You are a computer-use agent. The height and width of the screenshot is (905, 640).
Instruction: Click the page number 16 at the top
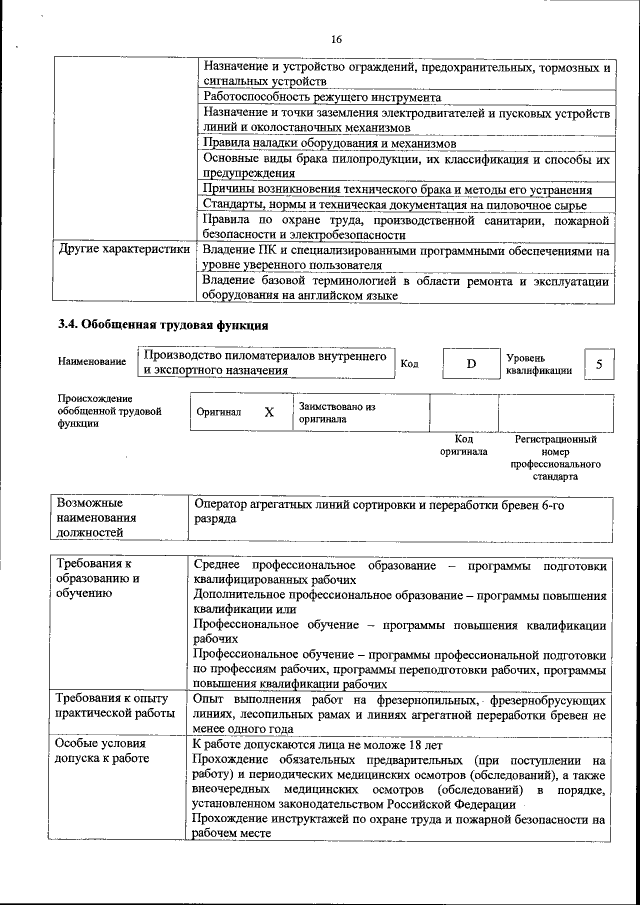[336, 39]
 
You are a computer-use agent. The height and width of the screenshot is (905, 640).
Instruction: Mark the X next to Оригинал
[268, 412]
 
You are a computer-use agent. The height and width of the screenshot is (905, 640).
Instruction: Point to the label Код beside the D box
[409, 363]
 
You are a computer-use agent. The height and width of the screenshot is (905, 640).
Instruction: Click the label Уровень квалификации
[539, 363]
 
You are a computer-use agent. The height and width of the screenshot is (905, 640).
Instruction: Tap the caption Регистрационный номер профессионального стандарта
[555, 458]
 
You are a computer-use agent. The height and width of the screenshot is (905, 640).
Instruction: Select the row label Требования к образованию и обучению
[98, 579]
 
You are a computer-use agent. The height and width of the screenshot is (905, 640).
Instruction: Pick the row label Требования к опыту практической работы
[112, 705]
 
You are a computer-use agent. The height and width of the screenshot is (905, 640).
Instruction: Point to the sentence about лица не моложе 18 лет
[316, 745]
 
